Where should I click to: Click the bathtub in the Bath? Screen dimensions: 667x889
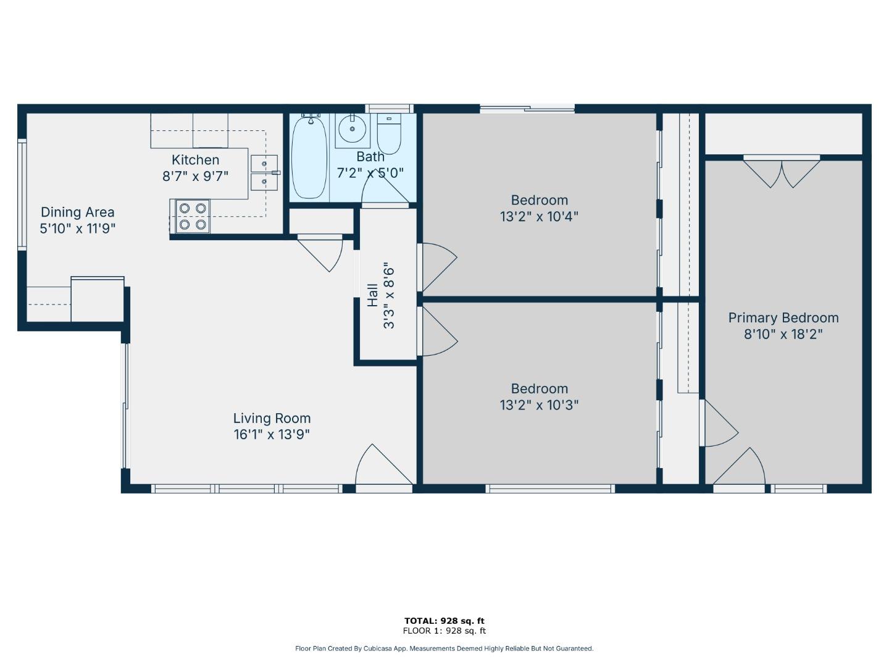[x=309, y=157]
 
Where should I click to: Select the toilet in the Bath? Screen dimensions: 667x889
[x=389, y=135]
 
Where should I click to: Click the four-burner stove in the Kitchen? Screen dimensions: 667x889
[x=192, y=216]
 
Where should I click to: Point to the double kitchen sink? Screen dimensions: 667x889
[x=264, y=173]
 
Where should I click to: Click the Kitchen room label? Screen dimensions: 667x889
[x=195, y=160]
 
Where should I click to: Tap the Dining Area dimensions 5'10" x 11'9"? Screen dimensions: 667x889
[x=78, y=229]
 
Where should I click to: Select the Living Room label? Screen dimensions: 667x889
[x=272, y=419]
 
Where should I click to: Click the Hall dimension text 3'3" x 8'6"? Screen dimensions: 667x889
[x=388, y=296]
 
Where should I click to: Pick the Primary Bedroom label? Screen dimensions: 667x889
[x=783, y=318]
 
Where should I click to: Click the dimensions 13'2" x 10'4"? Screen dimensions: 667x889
[x=539, y=217]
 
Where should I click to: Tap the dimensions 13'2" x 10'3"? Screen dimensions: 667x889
[x=539, y=405]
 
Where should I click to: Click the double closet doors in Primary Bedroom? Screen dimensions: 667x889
[x=782, y=172]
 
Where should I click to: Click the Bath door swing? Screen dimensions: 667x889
[x=384, y=188]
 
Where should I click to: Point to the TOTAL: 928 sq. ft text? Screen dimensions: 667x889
[x=444, y=621]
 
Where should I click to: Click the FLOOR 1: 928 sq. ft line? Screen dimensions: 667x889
[x=444, y=631]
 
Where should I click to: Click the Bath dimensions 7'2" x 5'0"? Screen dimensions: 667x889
[x=370, y=173]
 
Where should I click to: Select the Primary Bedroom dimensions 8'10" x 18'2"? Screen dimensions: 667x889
[x=783, y=335]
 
